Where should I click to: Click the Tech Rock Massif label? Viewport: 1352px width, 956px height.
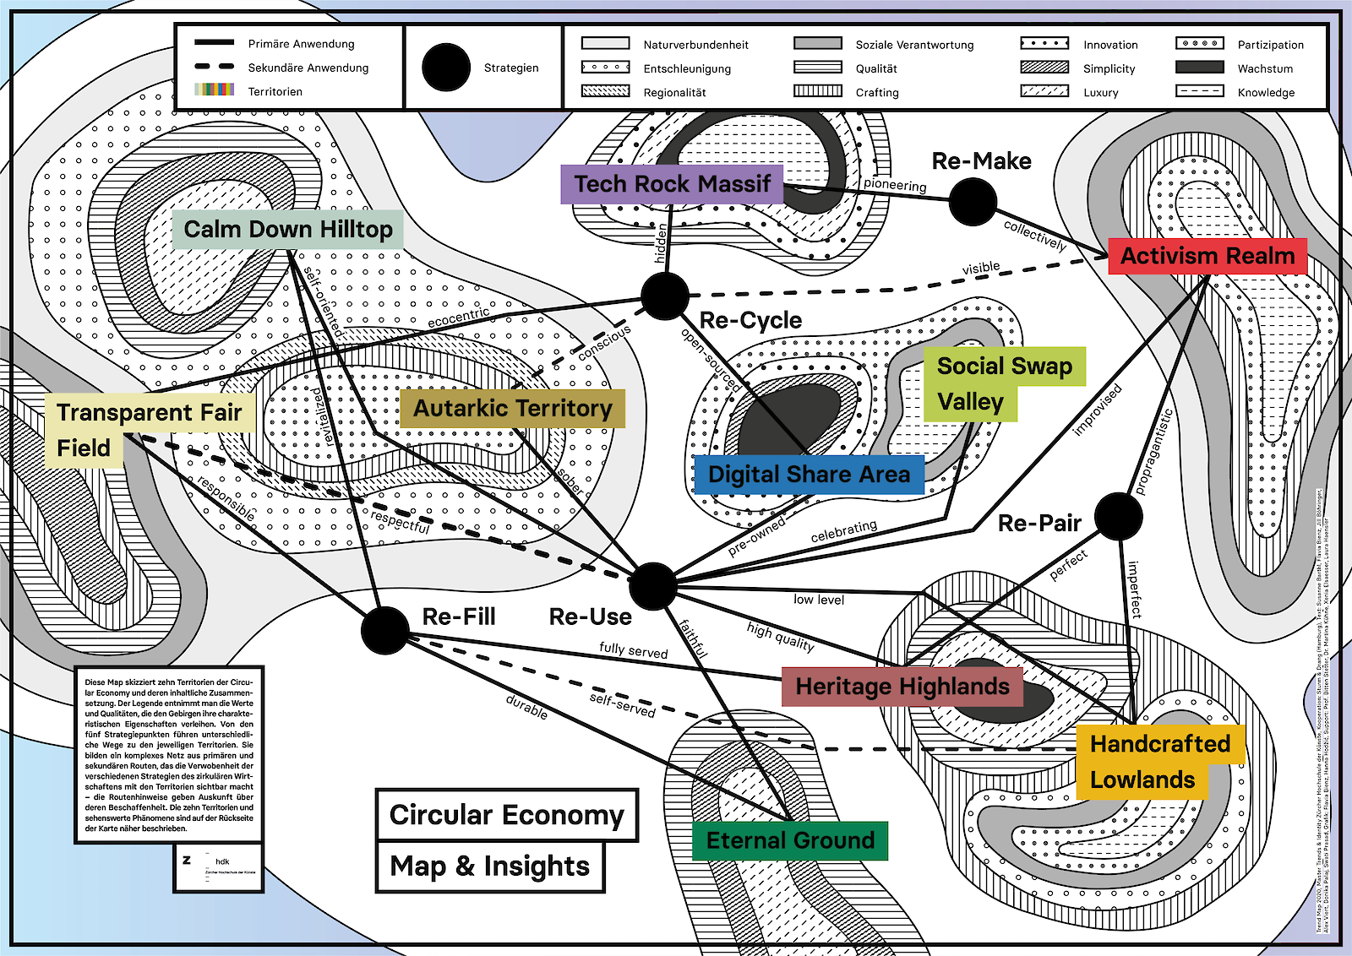[672, 184]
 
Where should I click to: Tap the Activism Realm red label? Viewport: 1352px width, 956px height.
[1208, 256]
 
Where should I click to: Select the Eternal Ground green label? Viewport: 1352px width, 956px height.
[790, 841]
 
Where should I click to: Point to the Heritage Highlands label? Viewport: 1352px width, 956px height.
[902, 687]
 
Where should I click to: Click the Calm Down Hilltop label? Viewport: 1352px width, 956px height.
[287, 230]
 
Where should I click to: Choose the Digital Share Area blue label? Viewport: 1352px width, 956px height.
[809, 475]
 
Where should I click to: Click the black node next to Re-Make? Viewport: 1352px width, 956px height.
[973, 202]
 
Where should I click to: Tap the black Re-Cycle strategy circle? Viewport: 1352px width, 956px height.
[665, 296]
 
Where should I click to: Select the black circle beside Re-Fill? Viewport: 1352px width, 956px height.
[384, 630]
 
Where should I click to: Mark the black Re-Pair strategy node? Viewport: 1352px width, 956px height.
[1118, 516]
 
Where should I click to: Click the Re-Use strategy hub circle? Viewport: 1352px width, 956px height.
[652, 585]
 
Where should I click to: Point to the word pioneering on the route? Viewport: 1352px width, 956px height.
[895, 185]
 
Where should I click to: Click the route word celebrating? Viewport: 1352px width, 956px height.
[843, 531]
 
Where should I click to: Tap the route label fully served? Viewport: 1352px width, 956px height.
[633, 650]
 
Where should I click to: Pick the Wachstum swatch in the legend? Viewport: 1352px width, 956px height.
[1199, 68]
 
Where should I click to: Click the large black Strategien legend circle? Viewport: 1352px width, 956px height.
[445, 68]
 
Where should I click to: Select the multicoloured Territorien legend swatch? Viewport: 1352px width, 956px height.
[215, 90]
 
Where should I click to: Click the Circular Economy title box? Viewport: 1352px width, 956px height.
[506, 815]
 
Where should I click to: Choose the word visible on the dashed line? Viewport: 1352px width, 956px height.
[980, 269]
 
